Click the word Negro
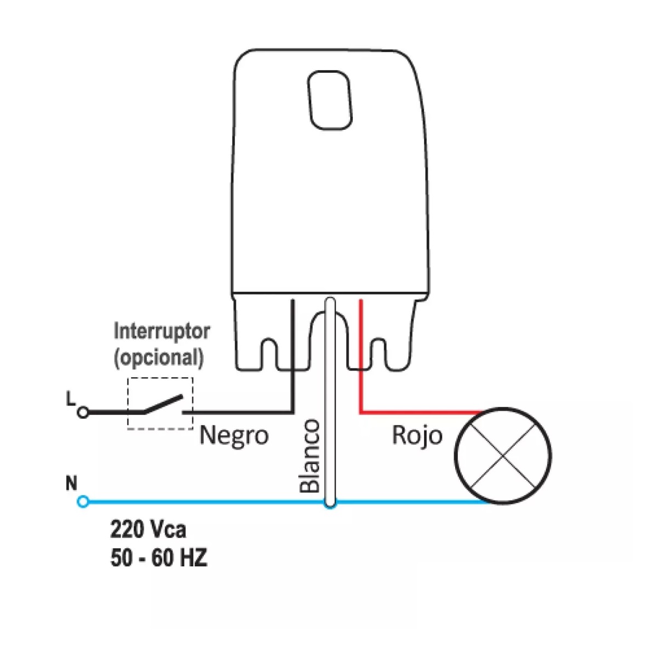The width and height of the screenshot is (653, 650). coord(234,436)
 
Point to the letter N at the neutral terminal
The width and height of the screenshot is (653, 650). coord(71,484)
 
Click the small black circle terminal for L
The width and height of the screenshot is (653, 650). coord(83,412)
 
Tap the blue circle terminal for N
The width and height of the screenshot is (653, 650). coord(83,501)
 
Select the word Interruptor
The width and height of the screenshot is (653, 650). coord(161,332)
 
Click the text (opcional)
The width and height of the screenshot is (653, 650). coord(159,358)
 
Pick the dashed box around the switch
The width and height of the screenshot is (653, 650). coord(160,377)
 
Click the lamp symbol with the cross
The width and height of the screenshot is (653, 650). coord(503,456)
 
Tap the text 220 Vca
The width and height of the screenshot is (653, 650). coord(148,530)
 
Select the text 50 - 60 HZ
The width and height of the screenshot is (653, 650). coord(159,559)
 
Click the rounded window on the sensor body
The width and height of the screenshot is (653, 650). coord(329,100)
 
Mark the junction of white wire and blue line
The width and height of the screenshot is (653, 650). coord(329,502)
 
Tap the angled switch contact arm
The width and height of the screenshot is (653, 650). coord(162,404)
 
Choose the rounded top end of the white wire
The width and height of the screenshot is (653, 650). coord(329,301)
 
